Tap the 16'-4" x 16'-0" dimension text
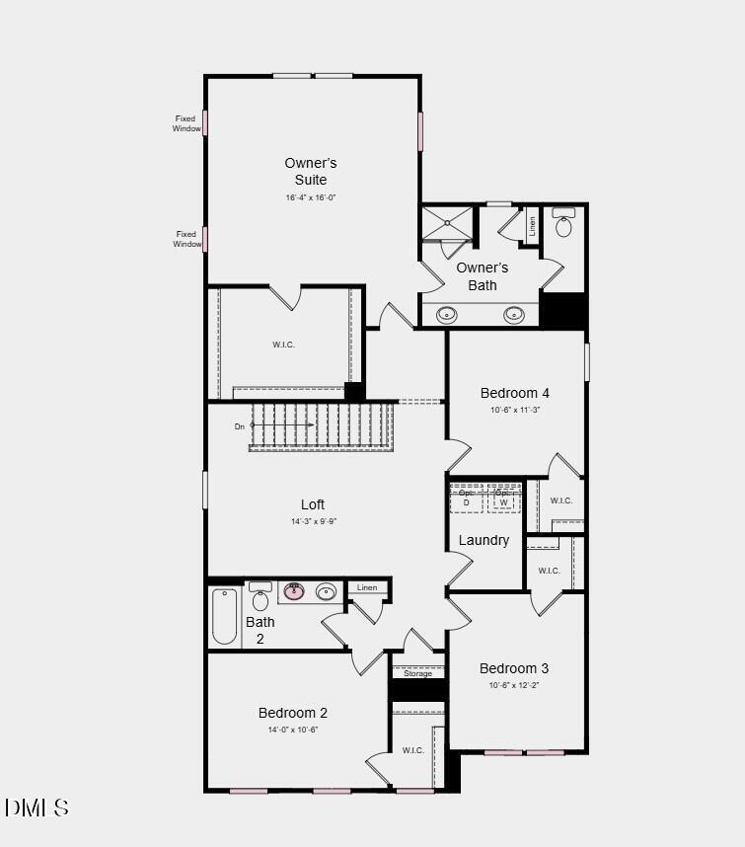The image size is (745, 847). click(311, 197)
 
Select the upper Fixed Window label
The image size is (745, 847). click(186, 123)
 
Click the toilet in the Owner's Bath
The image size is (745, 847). click(563, 225)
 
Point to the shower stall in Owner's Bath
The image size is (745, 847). click(447, 223)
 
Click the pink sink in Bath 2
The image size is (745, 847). click(294, 592)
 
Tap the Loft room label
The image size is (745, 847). click(313, 504)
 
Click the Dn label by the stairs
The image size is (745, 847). click(239, 426)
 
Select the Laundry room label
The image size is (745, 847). click(484, 540)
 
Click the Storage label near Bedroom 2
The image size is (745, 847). click(417, 673)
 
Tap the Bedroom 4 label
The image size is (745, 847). click(515, 393)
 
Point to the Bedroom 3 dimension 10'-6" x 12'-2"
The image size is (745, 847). click(514, 685)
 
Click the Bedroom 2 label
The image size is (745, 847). click(292, 713)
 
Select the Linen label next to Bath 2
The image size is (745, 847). click(367, 587)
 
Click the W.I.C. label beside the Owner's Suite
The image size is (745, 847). click(283, 345)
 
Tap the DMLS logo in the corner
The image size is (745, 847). click(37, 808)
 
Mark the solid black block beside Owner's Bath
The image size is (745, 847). click(563, 310)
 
